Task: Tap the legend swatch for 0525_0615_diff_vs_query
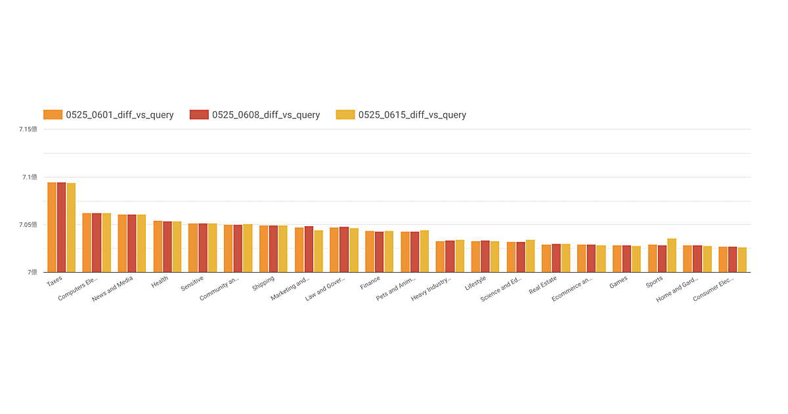tap(345, 115)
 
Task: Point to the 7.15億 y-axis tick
tap(28, 129)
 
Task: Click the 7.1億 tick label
tap(28, 177)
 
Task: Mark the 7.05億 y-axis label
tap(28, 225)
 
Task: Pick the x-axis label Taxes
tap(55, 281)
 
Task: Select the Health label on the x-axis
tap(160, 282)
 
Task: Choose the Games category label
tap(618, 282)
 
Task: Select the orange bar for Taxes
tap(52, 227)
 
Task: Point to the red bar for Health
tap(167, 246)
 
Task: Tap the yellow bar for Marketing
tap(318, 251)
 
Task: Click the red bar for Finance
tap(379, 252)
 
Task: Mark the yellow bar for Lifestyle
tap(494, 256)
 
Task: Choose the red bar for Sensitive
tap(203, 248)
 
